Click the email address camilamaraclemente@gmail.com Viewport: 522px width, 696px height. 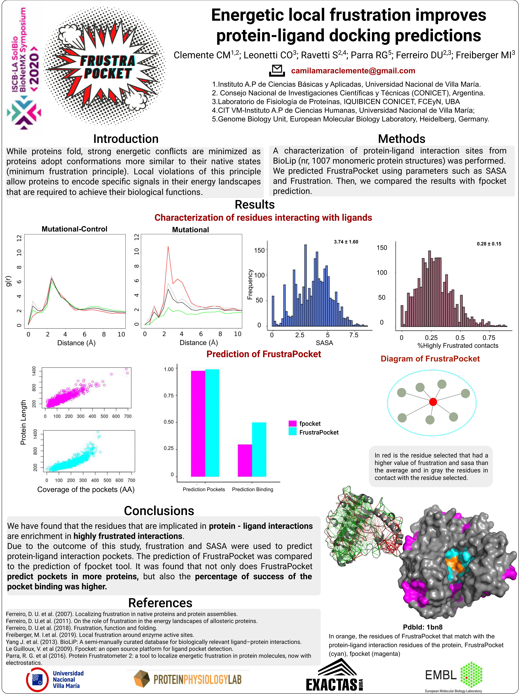pos(353,71)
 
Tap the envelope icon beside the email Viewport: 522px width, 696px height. pos(277,70)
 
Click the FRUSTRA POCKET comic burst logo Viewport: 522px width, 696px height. pos(105,66)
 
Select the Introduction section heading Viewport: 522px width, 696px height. pos(126,139)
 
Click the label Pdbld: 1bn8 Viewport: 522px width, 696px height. pos(423,627)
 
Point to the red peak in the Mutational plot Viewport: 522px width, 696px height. pos(168,246)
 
